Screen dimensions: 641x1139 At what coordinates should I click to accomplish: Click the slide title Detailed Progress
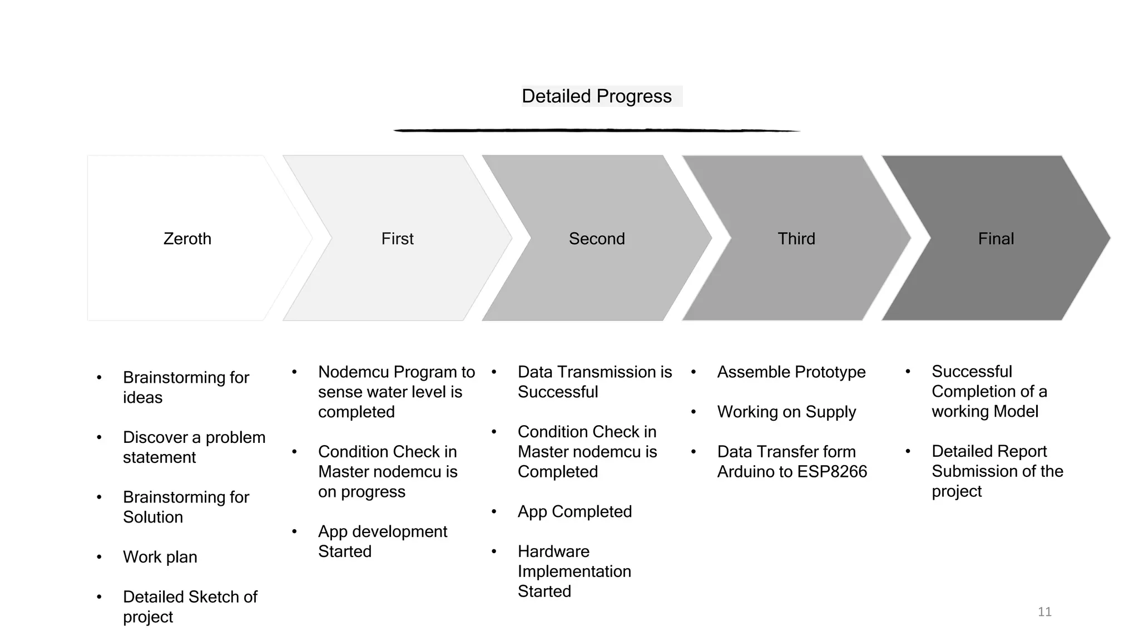[x=596, y=96]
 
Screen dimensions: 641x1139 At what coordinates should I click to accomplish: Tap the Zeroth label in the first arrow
[x=187, y=239]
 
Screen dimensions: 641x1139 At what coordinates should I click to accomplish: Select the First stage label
[x=397, y=239]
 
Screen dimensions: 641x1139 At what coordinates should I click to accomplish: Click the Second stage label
[x=597, y=239]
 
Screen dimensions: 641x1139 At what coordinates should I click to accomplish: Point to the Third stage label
[x=796, y=239]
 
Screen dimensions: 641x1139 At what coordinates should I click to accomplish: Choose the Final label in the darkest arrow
[x=996, y=239]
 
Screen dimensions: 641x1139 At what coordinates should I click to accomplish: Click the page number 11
[x=1044, y=612]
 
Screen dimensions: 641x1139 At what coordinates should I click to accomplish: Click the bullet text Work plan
[x=160, y=557]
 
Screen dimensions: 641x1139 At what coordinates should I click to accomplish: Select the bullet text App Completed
[x=575, y=511]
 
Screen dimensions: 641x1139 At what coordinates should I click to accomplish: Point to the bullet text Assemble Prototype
[x=791, y=372]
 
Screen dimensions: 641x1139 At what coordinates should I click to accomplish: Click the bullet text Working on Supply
[x=786, y=412]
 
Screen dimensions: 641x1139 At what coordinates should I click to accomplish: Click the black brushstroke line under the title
[x=596, y=130]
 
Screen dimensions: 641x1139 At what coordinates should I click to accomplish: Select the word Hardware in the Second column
[x=553, y=551]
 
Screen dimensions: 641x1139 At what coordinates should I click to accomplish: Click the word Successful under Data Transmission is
[x=558, y=392]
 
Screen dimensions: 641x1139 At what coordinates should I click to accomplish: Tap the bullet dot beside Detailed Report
[x=908, y=451]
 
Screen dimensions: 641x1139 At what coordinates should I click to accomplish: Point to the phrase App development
[x=383, y=531]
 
